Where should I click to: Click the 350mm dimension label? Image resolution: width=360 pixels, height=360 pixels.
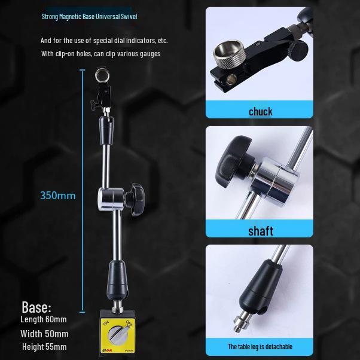[x=58, y=196]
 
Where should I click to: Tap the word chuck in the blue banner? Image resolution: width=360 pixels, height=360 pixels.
[x=261, y=112]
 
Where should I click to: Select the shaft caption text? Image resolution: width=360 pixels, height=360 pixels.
[x=261, y=231]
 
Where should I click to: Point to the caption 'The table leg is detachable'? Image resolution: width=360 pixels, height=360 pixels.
[x=260, y=346]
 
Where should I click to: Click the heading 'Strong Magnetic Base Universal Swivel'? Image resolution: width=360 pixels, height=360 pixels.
[x=89, y=17]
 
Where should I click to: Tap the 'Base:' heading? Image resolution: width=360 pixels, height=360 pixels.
[x=36, y=307]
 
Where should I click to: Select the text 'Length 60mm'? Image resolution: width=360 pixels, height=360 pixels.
[x=44, y=319]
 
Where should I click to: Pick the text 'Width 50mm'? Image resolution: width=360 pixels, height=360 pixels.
[x=44, y=334]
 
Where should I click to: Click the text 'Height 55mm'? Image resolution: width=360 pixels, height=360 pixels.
[x=44, y=347]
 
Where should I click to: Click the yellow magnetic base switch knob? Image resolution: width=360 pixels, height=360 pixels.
[x=117, y=335]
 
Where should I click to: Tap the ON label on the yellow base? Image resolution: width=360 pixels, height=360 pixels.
[x=106, y=323]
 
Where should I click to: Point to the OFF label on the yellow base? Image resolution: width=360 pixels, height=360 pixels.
[x=129, y=324]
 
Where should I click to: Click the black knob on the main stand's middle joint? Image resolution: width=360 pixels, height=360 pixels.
[x=136, y=199]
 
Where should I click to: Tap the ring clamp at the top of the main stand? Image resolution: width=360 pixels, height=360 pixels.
[x=102, y=75]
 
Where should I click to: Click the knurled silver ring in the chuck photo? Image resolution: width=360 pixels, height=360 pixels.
[x=230, y=53]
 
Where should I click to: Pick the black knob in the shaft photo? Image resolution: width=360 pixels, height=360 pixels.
[x=233, y=161]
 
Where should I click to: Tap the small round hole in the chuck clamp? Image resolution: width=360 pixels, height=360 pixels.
[x=231, y=80]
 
